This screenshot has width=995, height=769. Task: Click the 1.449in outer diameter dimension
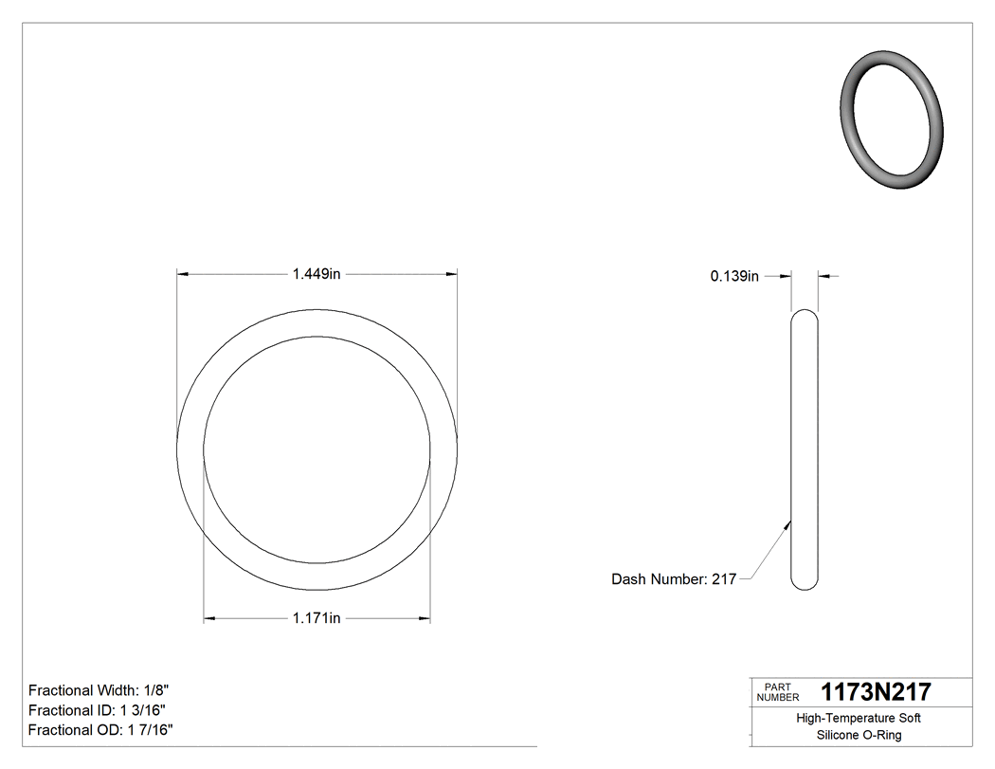(x=317, y=274)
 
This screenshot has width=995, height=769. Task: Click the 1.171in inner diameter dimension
(x=317, y=618)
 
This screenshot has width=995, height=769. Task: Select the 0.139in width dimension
(x=734, y=276)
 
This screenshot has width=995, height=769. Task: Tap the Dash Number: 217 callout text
(x=674, y=578)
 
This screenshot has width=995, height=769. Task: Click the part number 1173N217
(x=876, y=691)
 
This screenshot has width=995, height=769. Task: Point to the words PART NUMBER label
(x=778, y=692)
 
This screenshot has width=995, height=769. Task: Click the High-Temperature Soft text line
(x=858, y=718)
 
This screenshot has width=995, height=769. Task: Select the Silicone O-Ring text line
(x=859, y=735)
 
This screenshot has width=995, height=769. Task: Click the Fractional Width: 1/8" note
(x=99, y=690)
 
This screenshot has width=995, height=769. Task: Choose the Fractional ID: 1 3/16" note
(x=99, y=710)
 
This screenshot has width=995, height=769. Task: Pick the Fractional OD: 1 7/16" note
(x=100, y=729)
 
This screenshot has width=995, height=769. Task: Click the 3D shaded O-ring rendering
(x=893, y=119)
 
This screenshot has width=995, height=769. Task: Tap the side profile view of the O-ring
(x=805, y=450)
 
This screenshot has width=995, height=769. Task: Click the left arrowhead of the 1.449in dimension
(x=184, y=274)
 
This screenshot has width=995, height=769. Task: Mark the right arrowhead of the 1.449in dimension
(x=451, y=274)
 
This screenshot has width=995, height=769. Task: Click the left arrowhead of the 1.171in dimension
(x=210, y=618)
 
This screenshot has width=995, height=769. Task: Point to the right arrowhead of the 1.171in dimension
(x=424, y=618)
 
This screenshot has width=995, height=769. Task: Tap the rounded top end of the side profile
(x=805, y=315)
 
